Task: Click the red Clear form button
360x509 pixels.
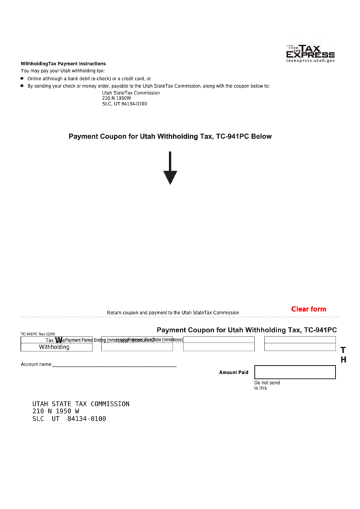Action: pos(308,309)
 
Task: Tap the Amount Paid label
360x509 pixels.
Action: pos(233,372)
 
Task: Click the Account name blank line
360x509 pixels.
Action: pos(114,365)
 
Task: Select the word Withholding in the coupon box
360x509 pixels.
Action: pos(54,347)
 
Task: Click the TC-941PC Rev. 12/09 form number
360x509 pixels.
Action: pos(37,334)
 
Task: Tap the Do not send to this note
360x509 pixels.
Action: pos(266,385)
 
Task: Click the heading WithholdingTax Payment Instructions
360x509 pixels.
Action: pos(63,63)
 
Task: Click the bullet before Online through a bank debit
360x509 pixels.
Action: pos(22,79)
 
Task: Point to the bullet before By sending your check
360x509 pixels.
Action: pos(22,86)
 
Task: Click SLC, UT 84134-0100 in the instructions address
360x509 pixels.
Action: pos(124,104)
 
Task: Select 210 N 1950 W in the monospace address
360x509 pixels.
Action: pos(56,411)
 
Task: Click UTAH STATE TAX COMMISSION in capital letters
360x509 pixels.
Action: pos(81,404)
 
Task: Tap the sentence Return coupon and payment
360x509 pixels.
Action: pos(173,313)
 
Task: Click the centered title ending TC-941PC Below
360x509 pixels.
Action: pos(170,137)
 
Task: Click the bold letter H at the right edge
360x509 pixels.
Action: pos(343,359)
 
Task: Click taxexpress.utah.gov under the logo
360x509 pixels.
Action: pos(310,61)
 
